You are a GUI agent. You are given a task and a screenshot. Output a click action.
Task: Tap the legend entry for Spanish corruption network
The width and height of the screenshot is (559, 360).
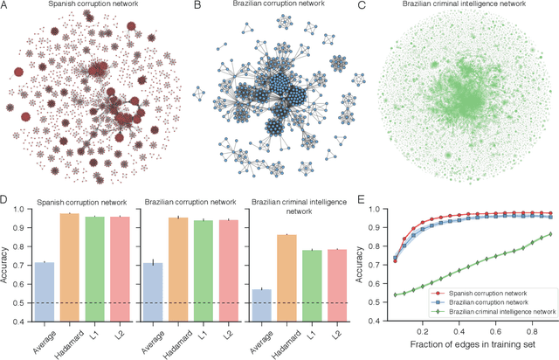click(x=471, y=293)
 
